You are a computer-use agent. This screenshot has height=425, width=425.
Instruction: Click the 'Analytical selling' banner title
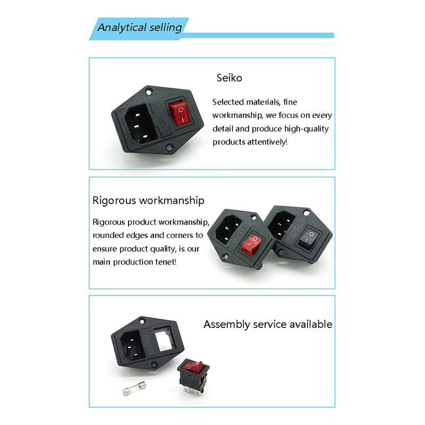click(x=140, y=28)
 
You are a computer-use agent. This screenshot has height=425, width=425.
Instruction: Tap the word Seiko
click(x=229, y=78)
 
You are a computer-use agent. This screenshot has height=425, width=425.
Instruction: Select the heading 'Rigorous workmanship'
click(x=148, y=201)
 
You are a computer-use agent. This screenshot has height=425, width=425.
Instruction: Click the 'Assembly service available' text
click(x=268, y=325)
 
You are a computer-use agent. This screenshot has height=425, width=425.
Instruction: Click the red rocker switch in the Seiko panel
click(x=180, y=114)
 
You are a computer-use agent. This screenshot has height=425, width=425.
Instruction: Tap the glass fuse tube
click(x=134, y=388)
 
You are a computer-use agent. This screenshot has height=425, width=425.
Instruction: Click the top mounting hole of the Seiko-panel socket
click(x=149, y=92)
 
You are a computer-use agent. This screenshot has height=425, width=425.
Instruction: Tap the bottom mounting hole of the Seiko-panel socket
click(x=169, y=148)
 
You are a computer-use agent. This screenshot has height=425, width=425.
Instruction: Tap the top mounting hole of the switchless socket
click(x=142, y=322)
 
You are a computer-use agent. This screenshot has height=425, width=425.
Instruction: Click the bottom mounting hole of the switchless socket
click(x=154, y=364)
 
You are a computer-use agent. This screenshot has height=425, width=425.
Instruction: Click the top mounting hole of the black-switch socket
click(x=307, y=213)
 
